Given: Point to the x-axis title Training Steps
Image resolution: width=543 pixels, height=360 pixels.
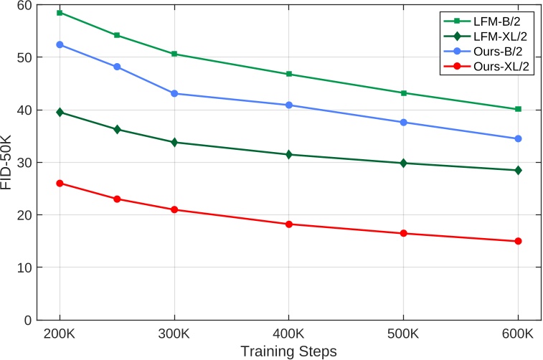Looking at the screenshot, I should [x=288, y=351].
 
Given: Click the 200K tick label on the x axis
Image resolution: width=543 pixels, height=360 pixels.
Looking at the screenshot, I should [x=60, y=334].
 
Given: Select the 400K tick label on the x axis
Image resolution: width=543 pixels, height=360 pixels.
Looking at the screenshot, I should [x=288, y=334].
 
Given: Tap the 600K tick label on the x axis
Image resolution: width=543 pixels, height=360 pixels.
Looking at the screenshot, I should [x=517, y=334].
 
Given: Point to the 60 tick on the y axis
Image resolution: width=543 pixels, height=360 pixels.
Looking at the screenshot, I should [x=24, y=5].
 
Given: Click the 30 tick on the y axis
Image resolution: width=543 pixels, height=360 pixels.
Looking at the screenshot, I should [x=24, y=163].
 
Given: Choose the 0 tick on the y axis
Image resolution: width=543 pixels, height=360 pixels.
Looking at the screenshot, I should [x=27, y=320].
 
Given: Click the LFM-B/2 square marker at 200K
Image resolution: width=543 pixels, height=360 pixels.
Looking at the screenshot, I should [x=60, y=13].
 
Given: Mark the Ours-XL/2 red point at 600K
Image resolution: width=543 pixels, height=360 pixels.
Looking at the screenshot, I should [x=517, y=241].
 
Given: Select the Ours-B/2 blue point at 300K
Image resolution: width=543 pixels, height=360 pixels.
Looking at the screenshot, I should [x=174, y=93].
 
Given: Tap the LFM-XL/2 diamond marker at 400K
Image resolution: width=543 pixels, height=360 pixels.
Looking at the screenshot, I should [x=288, y=154].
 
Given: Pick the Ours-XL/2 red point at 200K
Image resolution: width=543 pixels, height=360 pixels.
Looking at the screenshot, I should [x=60, y=183].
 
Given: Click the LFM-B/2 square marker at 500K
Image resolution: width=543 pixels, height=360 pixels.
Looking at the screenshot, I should [x=403, y=93].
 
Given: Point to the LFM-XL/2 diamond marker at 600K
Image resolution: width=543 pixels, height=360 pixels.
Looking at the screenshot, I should [x=517, y=170].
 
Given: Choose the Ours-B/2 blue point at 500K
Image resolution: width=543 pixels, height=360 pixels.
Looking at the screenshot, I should [x=403, y=123].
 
